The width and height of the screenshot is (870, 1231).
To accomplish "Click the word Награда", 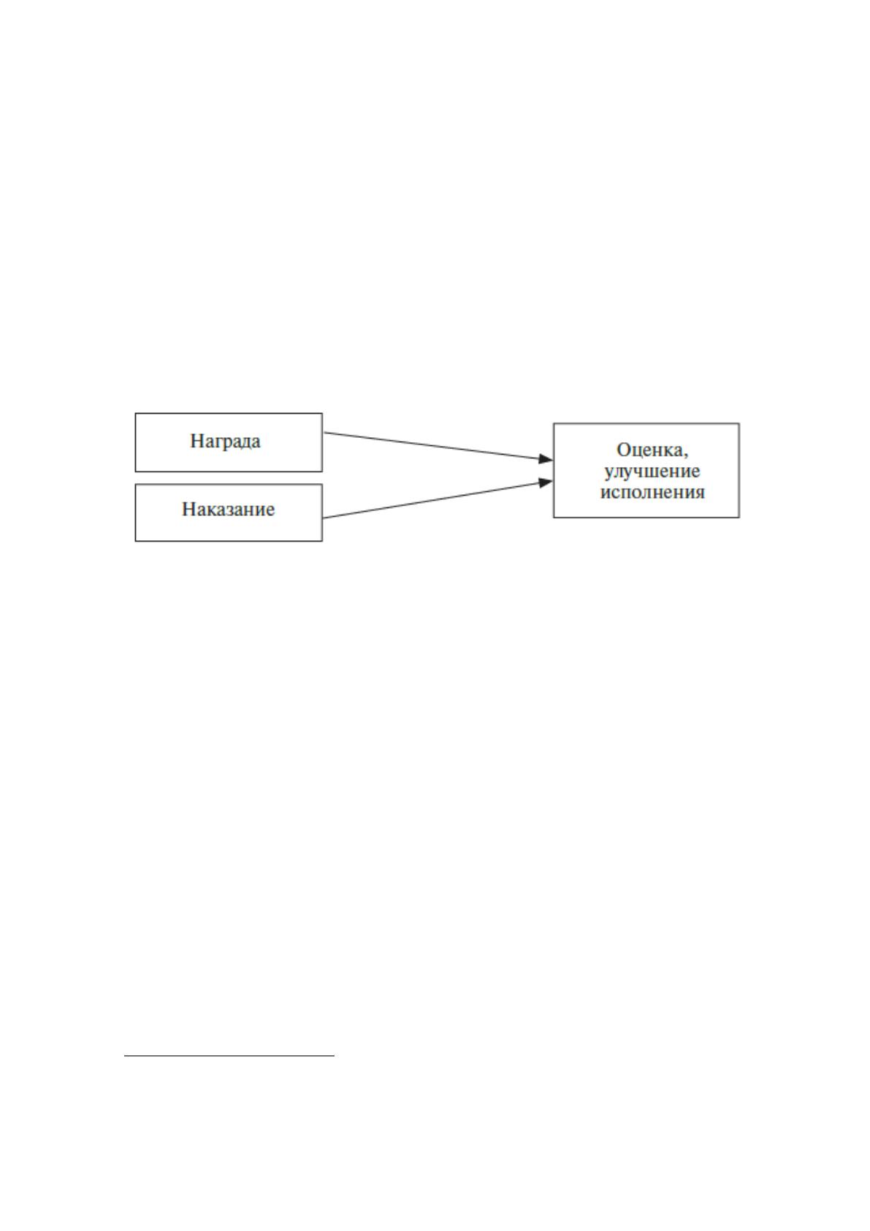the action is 225,442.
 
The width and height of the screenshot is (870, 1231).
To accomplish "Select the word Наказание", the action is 228,510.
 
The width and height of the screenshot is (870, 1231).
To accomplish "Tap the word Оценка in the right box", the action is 649,450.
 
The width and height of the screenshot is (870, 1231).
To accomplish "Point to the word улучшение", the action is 652,471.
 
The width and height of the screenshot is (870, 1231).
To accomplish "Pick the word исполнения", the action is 652,492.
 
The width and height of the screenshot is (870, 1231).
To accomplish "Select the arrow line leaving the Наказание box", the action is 438,499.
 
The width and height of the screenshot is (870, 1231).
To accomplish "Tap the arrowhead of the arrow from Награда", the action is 546,459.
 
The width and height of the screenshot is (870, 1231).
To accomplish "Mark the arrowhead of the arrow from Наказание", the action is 546,482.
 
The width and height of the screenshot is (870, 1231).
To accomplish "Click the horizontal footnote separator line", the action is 229,1056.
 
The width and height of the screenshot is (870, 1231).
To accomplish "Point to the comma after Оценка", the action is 685,456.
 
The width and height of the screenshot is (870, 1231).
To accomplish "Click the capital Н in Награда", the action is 197,442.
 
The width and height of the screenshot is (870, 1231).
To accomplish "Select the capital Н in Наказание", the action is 189,509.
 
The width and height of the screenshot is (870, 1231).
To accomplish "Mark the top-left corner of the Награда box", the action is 136,413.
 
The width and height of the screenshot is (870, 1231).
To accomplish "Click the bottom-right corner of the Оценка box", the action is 739,517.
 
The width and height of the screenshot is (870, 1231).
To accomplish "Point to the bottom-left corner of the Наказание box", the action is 136,541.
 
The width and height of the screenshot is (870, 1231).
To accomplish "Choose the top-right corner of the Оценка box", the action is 739,424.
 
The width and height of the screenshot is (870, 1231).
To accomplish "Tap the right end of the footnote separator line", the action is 335,1056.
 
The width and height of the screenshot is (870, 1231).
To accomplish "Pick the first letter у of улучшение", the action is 609,474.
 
